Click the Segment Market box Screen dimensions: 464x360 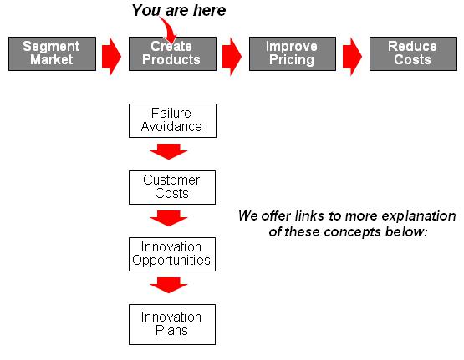(x=52, y=53)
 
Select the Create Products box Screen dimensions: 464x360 (x=172, y=53)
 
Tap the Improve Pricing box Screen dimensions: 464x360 (x=293, y=53)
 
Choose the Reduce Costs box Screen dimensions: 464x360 (x=413, y=53)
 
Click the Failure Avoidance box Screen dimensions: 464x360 (x=172, y=120)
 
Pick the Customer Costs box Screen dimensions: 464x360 (x=172, y=187)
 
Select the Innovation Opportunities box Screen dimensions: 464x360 (x=172, y=254)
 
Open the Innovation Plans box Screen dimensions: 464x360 (x=172, y=324)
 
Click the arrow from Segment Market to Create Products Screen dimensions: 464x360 (x=111, y=56)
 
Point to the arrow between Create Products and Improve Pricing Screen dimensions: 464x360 (x=232, y=56)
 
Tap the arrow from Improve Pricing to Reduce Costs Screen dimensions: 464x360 (x=352, y=56)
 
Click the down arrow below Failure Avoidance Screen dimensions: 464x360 (x=169, y=151)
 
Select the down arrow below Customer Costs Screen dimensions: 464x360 (x=169, y=218)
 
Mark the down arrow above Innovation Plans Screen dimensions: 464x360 (x=169, y=285)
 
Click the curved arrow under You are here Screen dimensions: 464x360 (x=169, y=29)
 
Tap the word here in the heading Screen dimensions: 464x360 (x=210, y=10)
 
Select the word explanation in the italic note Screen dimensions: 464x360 (x=419, y=216)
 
